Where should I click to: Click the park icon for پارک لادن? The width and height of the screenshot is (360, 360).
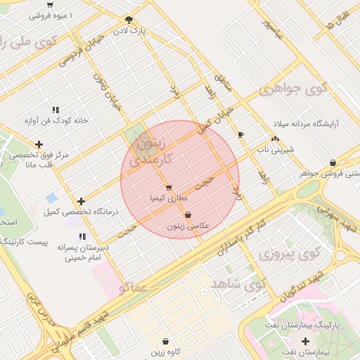[x=128, y=20]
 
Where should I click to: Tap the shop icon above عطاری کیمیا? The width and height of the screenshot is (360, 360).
[x=168, y=187]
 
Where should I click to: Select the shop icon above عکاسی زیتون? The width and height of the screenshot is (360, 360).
[x=188, y=215]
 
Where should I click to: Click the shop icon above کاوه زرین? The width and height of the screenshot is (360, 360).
[x=165, y=341]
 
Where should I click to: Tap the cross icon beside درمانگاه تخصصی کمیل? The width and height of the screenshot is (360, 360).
[x=82, y=201]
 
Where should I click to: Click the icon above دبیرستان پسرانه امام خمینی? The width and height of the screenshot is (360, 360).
[x=82, y=237]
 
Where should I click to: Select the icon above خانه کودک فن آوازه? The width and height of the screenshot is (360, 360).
[x=55, y=110]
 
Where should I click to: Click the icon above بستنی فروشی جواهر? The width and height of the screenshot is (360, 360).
[x=332, y=162]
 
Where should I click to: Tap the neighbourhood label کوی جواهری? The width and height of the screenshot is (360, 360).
[x=293, y=89]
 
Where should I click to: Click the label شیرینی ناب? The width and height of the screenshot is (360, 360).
[x=278, y=150]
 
